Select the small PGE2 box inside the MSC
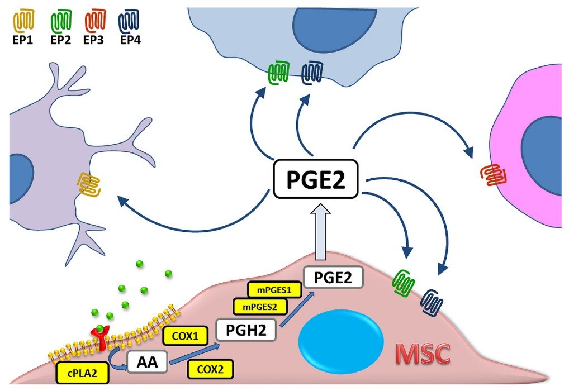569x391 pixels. (x=333, y=276)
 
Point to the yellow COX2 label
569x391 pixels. (x=211, y=368)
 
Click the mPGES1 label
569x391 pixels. (x=274, y=290)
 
